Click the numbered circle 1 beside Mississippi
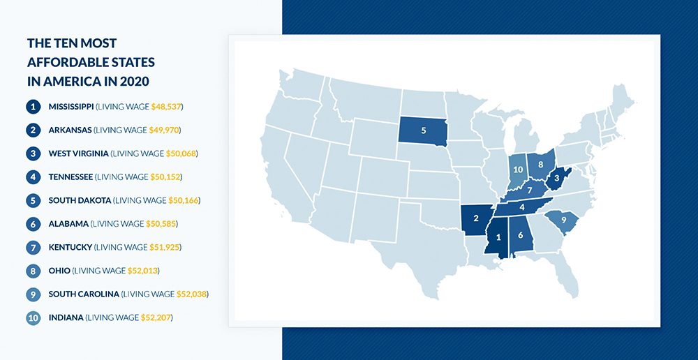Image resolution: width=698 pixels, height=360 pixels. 33,107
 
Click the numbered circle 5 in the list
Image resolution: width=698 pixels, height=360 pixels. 33,200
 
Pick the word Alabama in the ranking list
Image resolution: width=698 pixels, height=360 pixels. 68,224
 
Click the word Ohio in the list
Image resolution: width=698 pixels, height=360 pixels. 59,271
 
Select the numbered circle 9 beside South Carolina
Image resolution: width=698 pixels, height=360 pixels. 33,294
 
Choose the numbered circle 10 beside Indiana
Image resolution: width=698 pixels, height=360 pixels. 33,317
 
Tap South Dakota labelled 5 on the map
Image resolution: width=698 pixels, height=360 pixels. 423,130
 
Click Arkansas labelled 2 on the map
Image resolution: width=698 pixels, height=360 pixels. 476,218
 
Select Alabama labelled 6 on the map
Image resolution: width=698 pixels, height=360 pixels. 521,236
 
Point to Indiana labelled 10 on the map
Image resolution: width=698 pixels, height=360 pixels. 517,170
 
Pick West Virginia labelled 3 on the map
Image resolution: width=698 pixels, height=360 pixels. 556,179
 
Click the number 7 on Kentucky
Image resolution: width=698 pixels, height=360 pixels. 530,190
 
